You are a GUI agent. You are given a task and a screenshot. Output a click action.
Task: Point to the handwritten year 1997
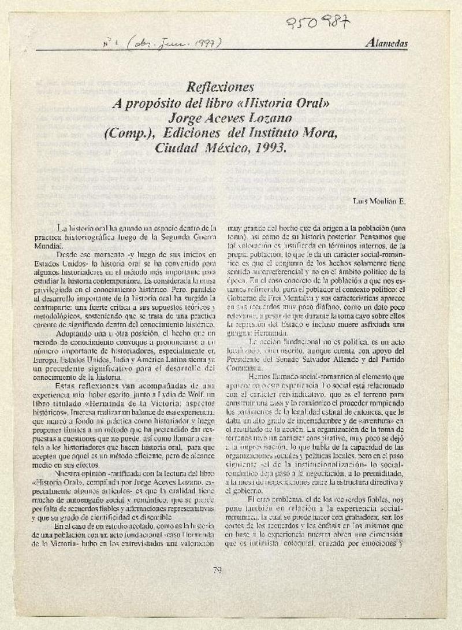tap(207, 42)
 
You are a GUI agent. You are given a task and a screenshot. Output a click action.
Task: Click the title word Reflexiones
tap(220, 87)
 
